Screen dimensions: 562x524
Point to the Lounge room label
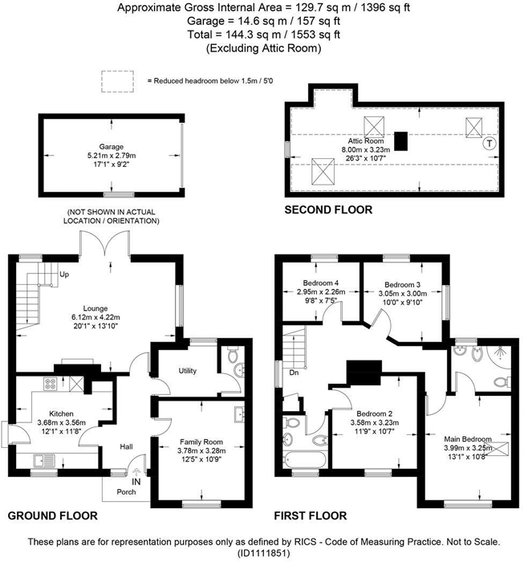click(x=94, y=307)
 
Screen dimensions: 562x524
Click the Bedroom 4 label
click(x=320, y=283)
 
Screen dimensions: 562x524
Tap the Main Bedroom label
click(x=468, y=438)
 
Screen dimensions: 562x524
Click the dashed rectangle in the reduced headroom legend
click(x=116, y=79)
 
